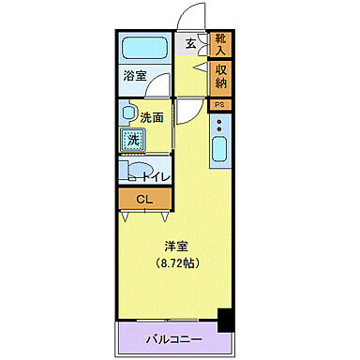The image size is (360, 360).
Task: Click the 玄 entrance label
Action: click(x=190, y=43)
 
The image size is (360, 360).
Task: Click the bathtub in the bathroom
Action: click(x=145, y=48)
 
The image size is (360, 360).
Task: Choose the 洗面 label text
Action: click(x=153, y=118)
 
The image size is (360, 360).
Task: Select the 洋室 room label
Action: click(x=175, y=246)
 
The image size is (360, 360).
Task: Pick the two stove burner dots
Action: click(x=219, y=124)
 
